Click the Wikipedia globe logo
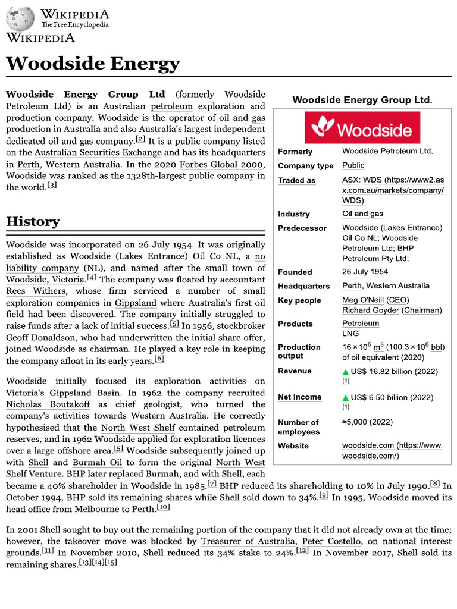(x=21, y=20)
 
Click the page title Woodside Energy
(x=92, y=63)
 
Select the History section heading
(x=33, y=222)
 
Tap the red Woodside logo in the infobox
(x=362, y=128)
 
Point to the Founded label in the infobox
(x=295, y=272)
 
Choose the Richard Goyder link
(x=371, y=310)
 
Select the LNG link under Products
(x=350, y=334)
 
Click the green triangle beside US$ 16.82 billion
(x=345, y=372)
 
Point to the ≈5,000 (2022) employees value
(x=367, y=422)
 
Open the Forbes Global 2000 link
(x=221, y=164)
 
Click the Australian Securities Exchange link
(x=98, y=153)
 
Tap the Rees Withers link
(x=36, y=291)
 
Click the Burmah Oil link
(x=93, y=462)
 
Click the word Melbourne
(x=95, y=509)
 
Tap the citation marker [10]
(x=163, y=507)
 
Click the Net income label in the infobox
(x=299, y=397)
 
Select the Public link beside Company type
(x=353, y=165)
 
